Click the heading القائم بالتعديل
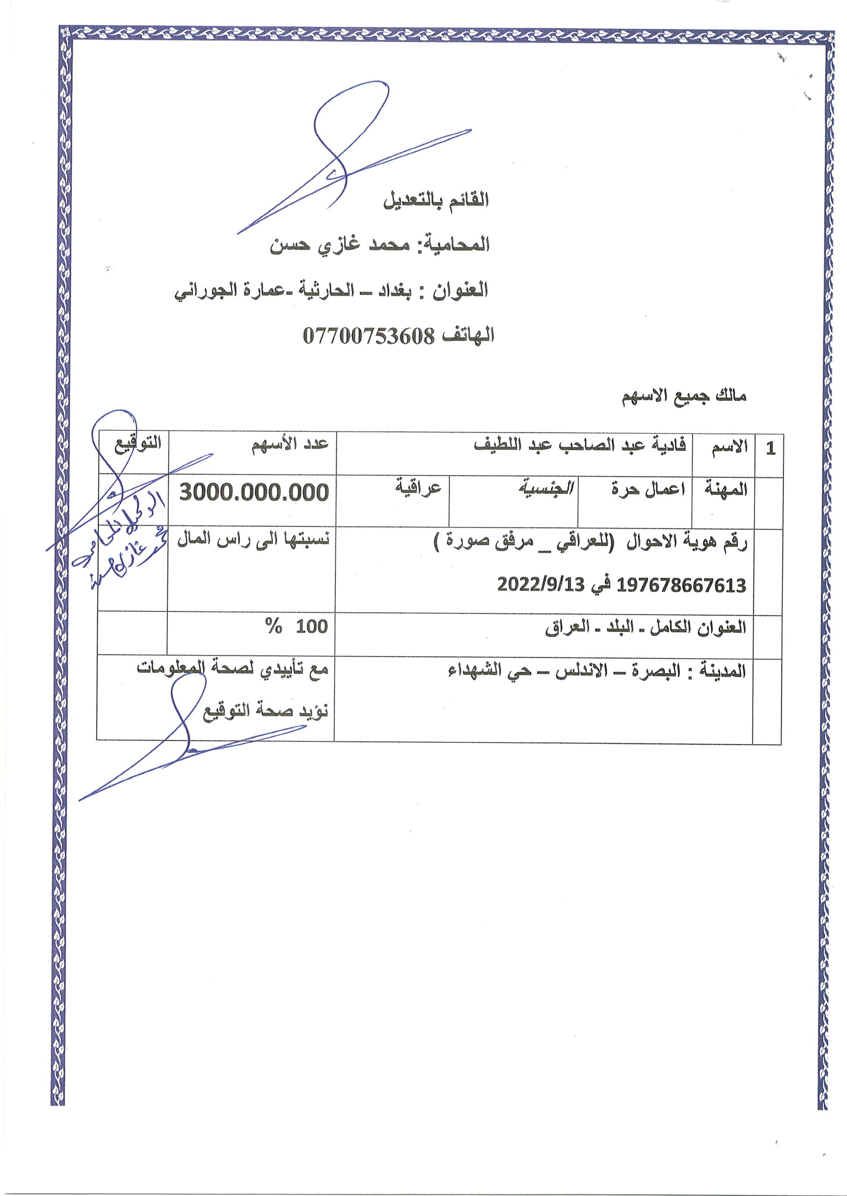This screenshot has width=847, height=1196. [436, 200]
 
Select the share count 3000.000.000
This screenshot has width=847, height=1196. [254, 492]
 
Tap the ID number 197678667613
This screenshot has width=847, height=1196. [681, 585]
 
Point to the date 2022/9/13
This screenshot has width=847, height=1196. [541, 585]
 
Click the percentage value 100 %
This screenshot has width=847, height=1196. [297, 626]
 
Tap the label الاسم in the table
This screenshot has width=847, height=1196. [730, 446]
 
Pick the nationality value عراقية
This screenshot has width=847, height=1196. [418, 488]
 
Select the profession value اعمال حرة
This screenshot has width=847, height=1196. [648, 489]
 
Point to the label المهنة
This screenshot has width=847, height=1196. [726, 489]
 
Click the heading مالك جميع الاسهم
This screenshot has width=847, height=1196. [684, 396]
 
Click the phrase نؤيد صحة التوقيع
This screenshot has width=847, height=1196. [266, 710]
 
